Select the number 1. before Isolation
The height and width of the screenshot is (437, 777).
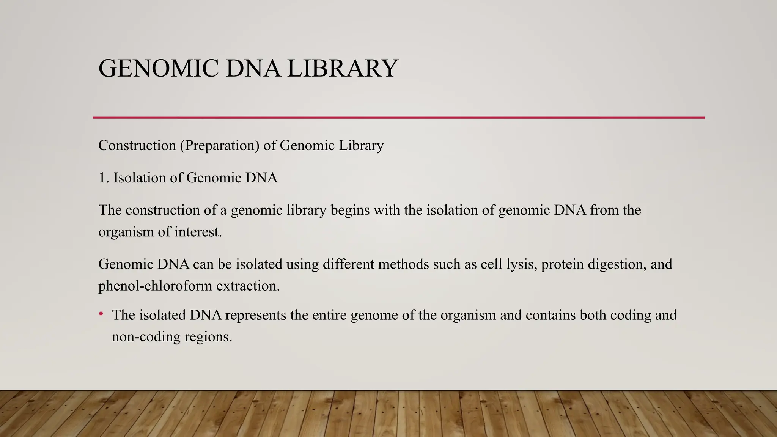(104, 178)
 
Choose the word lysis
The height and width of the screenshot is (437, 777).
(522, 264)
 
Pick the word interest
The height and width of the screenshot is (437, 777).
(198, 232)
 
